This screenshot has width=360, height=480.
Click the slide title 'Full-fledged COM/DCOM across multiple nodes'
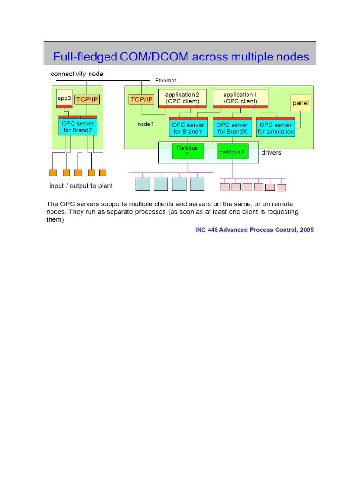tap(181, 57)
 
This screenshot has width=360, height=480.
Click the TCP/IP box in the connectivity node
tap(87, 99)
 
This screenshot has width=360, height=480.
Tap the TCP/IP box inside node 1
tap(141, 99)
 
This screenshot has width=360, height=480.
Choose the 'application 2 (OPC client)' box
tap(182, 97)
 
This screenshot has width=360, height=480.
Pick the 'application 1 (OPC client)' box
tap(240, 97)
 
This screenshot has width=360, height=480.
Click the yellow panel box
tap(301, 103)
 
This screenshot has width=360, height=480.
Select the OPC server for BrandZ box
tap(78, 127)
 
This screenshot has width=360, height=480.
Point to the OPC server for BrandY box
tap(188, 128)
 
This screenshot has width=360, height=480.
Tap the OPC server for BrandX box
tap(232, 128)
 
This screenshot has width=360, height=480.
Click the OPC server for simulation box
tap(276, 128)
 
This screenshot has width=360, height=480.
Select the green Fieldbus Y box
tap(188, 151)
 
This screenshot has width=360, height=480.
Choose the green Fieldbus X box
tap(232, 151)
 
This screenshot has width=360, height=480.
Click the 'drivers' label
tap(271, 153)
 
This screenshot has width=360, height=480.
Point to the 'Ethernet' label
tap(165, 81)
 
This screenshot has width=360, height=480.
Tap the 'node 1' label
tap(145, 124)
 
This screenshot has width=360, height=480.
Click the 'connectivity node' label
tap(77, 74)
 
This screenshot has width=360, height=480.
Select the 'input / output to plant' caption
tap(81, 186)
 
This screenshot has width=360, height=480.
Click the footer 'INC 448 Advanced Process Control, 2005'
tap(255, 230)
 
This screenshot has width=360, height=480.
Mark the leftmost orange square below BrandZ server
tap(53, 172)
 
